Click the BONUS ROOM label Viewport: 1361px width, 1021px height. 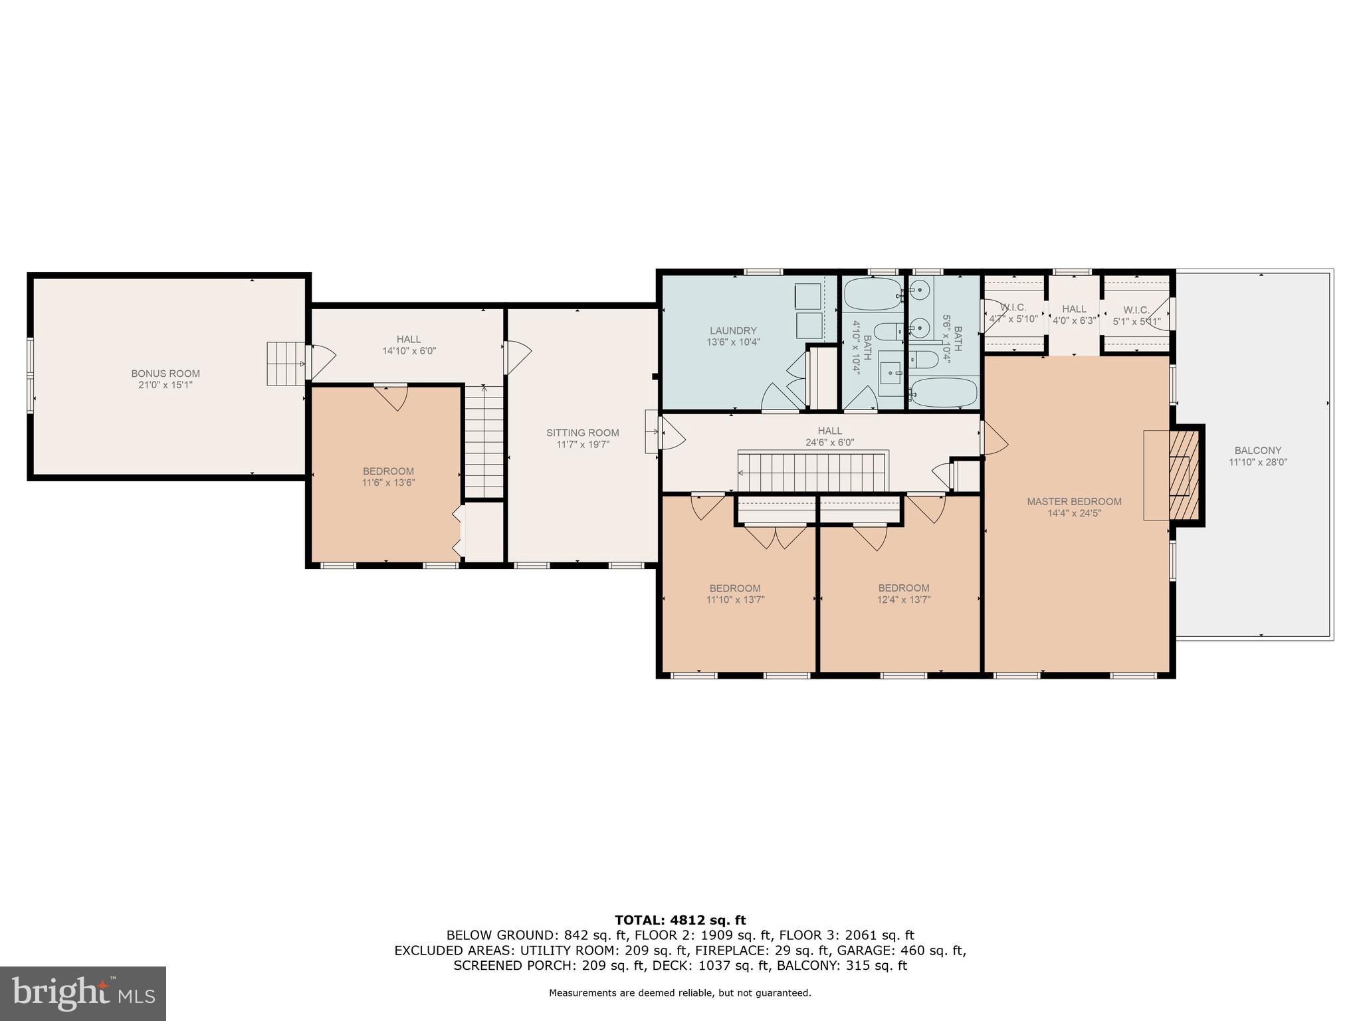pyautogui.click(x=165, y=374)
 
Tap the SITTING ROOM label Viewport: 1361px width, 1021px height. pyautogui.click(x=583, y=433)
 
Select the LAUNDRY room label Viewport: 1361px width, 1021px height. pyautogui.click(x=733, y=330)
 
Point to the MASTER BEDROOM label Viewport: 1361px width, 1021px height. pyautogui.click(x=1074, y=502)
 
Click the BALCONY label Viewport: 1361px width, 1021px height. pyautogui.click(x=1258, y=451)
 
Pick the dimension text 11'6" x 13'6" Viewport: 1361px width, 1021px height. pyautogui.click(x=388, y=483)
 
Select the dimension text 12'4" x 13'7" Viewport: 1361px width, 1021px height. pyautogui.click(x=903, y=600)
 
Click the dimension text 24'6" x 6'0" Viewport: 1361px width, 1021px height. pyautogui.click(x=829, y=442)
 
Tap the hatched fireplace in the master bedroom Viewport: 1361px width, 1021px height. pyautogui.click(x=1184, y=475)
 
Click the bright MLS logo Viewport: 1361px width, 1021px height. pyautogui.click(x=83, y=993)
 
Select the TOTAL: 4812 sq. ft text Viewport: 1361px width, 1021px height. pyautogui.click(x=680, y=921)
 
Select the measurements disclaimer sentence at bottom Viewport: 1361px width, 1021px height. pyautogui.click(x=680, y=993)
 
